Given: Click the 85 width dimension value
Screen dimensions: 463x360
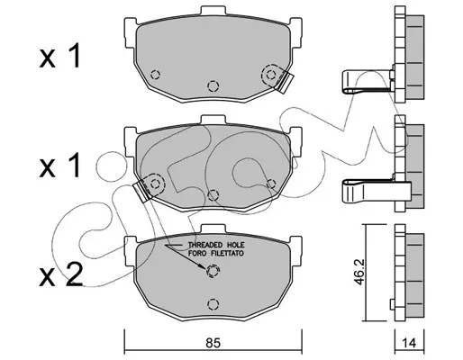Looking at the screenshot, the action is coord(213,342).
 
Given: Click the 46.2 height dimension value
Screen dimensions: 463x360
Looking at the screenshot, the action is coord(359,272).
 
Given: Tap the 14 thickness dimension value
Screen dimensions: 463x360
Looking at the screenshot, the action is coord(409,342).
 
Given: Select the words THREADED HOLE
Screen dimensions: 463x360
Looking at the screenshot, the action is coord(216,245).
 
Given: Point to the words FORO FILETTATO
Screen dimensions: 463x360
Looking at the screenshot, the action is coord(216,253).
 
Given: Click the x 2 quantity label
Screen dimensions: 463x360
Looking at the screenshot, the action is coord(61,274).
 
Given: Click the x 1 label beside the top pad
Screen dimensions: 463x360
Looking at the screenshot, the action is coord(60,56).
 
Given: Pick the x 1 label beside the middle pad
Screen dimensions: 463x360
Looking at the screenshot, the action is coord(60,166).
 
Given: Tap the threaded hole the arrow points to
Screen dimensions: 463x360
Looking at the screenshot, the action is coord(213,271).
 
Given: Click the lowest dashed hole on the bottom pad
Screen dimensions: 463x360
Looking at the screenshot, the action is coord(213,304).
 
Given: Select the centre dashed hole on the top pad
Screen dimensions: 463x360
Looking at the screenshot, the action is coord(213,86).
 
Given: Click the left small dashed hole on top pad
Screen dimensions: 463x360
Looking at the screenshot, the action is coord(155,75).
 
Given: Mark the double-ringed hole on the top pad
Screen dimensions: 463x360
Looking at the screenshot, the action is coord(271,75).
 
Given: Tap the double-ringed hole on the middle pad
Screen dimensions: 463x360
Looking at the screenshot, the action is coord(155,184).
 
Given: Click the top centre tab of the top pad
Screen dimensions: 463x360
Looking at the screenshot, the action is coord(213,10).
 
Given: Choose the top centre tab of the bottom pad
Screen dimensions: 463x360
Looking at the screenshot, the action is coord(213,229).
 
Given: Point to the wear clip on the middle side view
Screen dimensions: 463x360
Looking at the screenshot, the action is coord(377,192).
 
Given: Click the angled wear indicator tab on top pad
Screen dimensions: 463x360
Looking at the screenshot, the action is coord(286,83).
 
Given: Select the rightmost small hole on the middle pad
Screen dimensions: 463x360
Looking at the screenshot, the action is coord(271,184).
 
